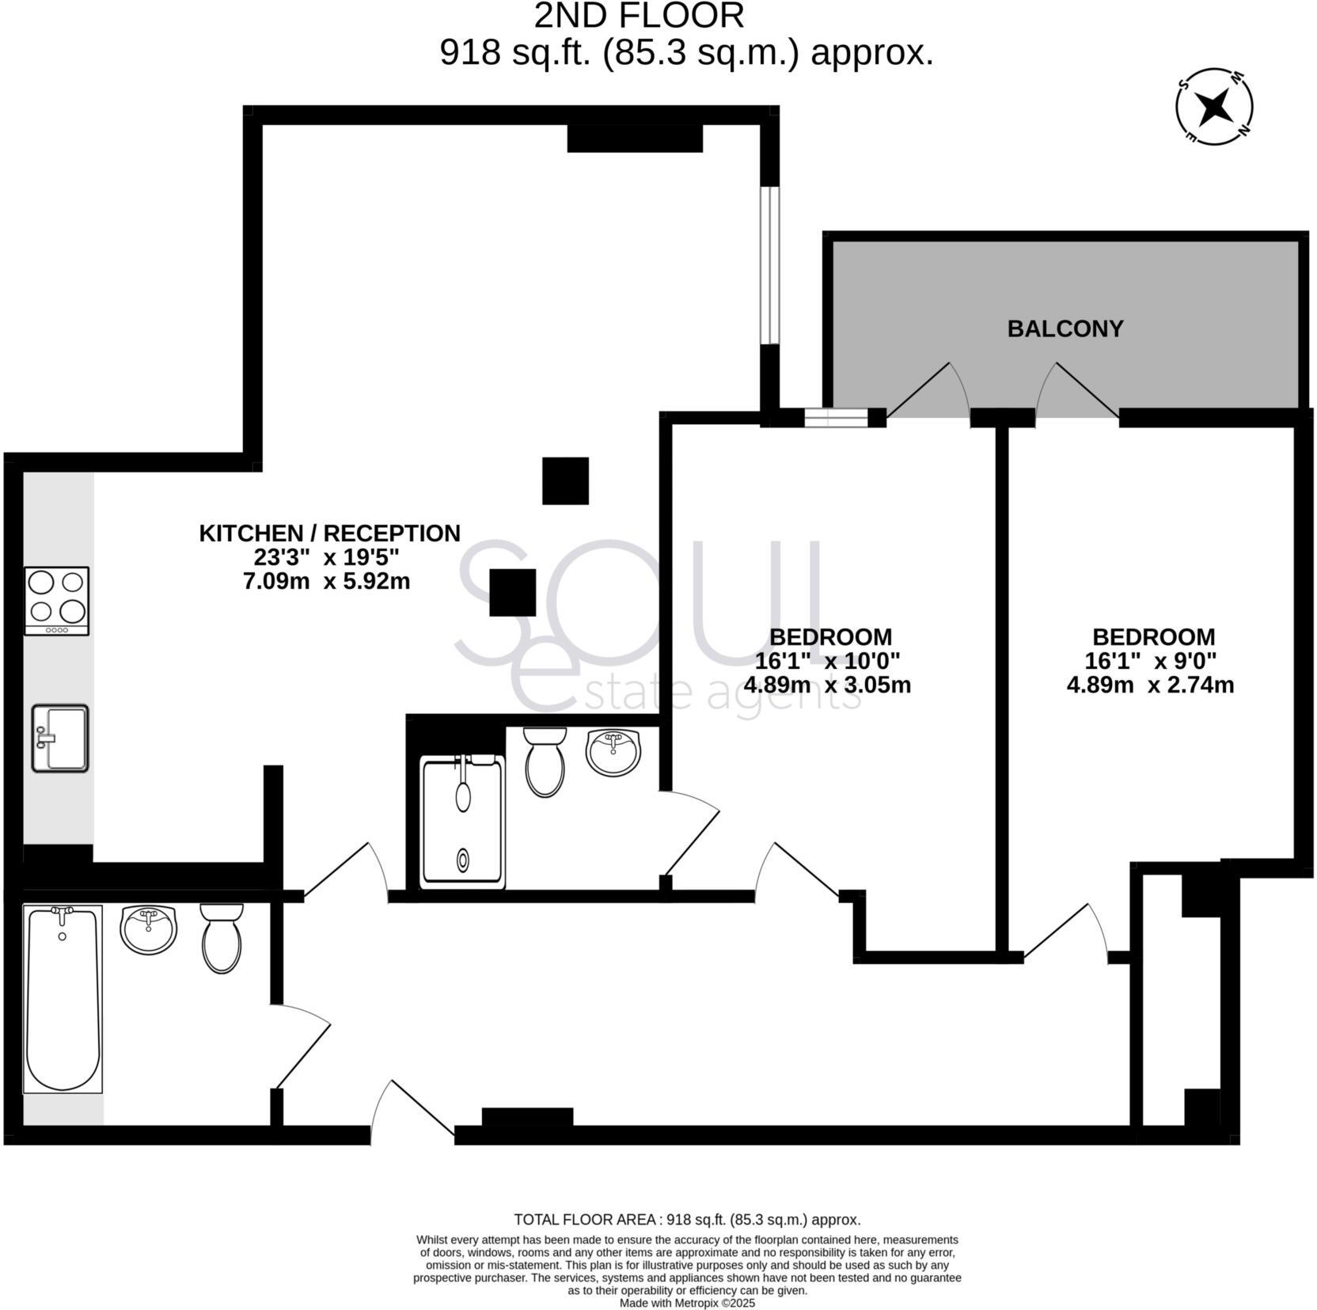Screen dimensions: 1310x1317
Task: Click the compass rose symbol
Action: click(1214, 106)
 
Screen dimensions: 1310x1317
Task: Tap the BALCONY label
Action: click(1065, 328)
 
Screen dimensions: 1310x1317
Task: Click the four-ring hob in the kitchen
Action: click(56, 600)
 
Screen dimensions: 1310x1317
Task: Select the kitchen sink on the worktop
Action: click(60, 738)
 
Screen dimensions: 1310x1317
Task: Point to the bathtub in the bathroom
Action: click(63, 999)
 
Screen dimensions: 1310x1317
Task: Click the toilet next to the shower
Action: click(545, 761)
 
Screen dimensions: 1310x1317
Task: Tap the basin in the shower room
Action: click(613, 752)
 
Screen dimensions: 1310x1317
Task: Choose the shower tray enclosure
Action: click(463, 821)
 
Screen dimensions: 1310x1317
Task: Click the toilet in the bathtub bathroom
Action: click(222, 939)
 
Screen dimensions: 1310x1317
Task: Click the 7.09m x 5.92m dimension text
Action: click(326, 581)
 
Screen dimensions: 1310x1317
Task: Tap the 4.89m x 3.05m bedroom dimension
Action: click(827, 685)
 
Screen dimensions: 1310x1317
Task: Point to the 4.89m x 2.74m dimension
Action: click(1150, 685)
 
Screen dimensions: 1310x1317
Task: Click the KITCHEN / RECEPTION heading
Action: click(329, 533)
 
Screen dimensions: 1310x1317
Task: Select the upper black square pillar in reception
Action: click(565, 480)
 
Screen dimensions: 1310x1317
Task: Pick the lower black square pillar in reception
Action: click(513, 592)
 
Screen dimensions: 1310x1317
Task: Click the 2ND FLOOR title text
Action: click(639, 16)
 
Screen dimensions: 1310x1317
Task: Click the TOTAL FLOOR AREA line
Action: click(686, 1220)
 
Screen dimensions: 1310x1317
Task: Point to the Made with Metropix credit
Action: click(687, 1303)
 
